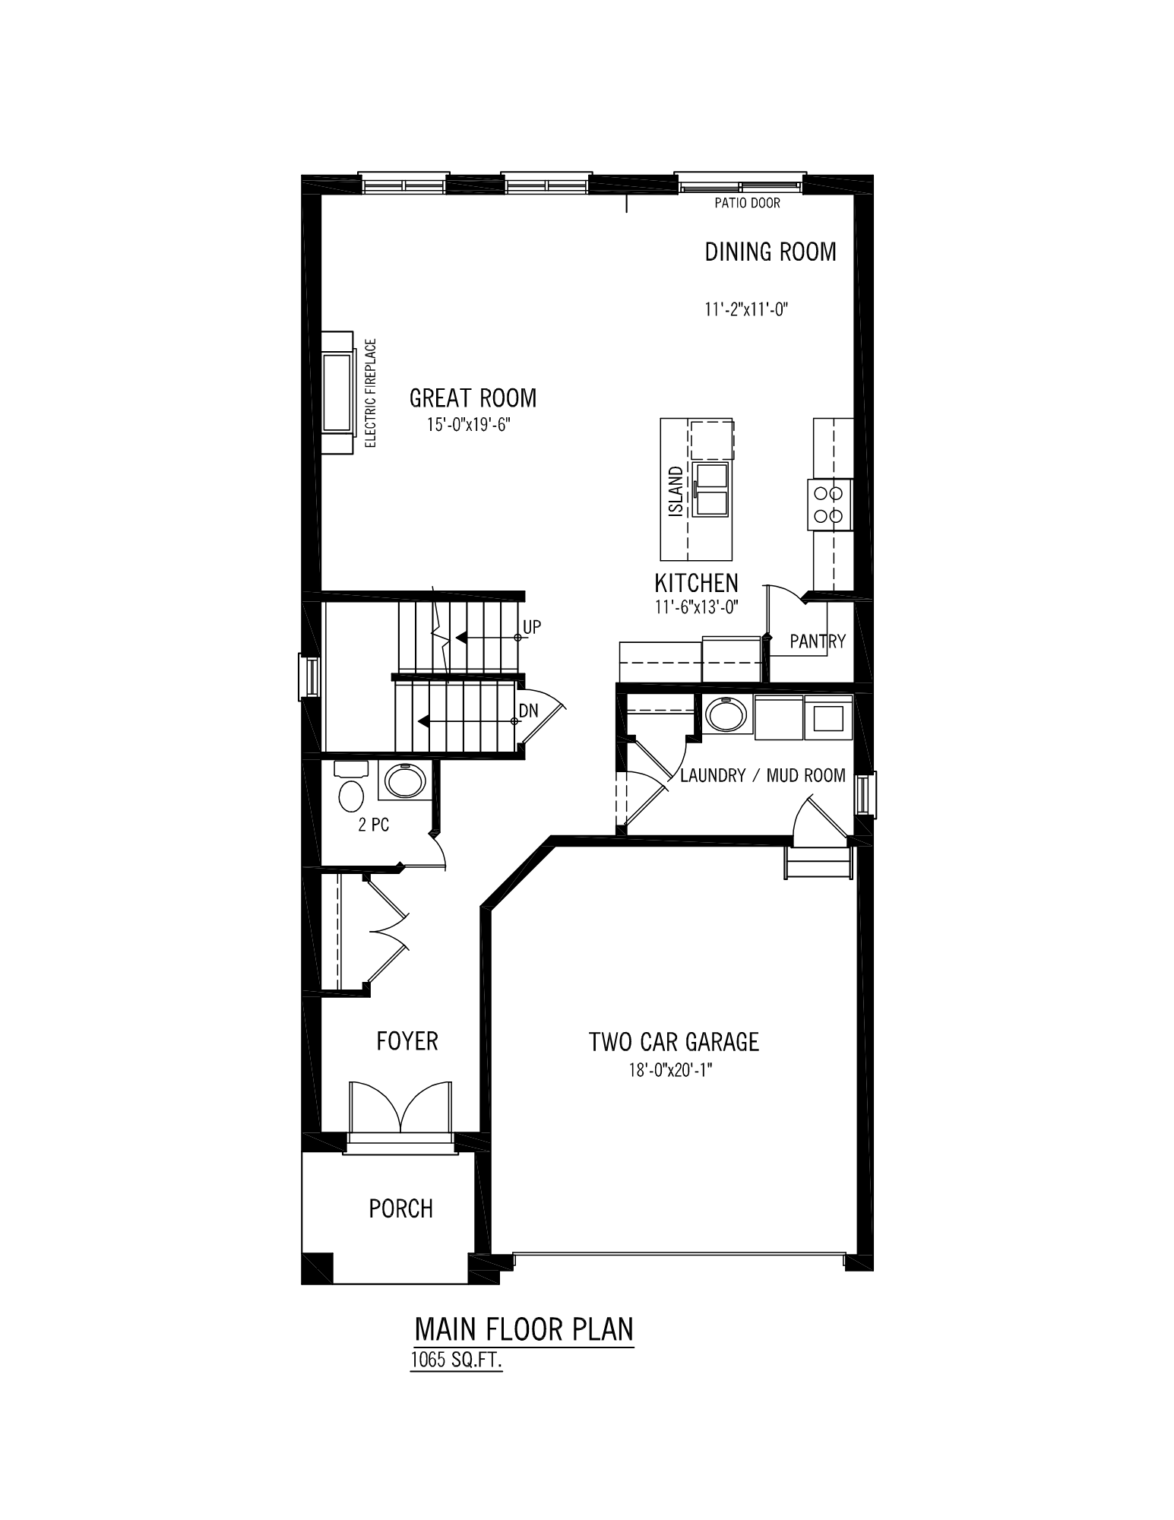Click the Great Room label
[x=473, y=397]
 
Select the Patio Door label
[x=747, y=204]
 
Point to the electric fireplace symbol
[x=337, y=393]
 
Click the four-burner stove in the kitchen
[x=829, y=505]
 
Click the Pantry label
[x=818, y=641]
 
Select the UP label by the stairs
[x=532, y=627]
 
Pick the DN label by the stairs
[x=529, y=711]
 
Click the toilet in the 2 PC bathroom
[x=350, y=787]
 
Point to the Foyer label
[x=407, y=1040]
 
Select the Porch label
[x=400, y=1208]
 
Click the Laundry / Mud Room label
[x=763, y=775]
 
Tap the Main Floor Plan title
[x=524, y=1329]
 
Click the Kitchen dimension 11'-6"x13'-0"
[x=697, y=606]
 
